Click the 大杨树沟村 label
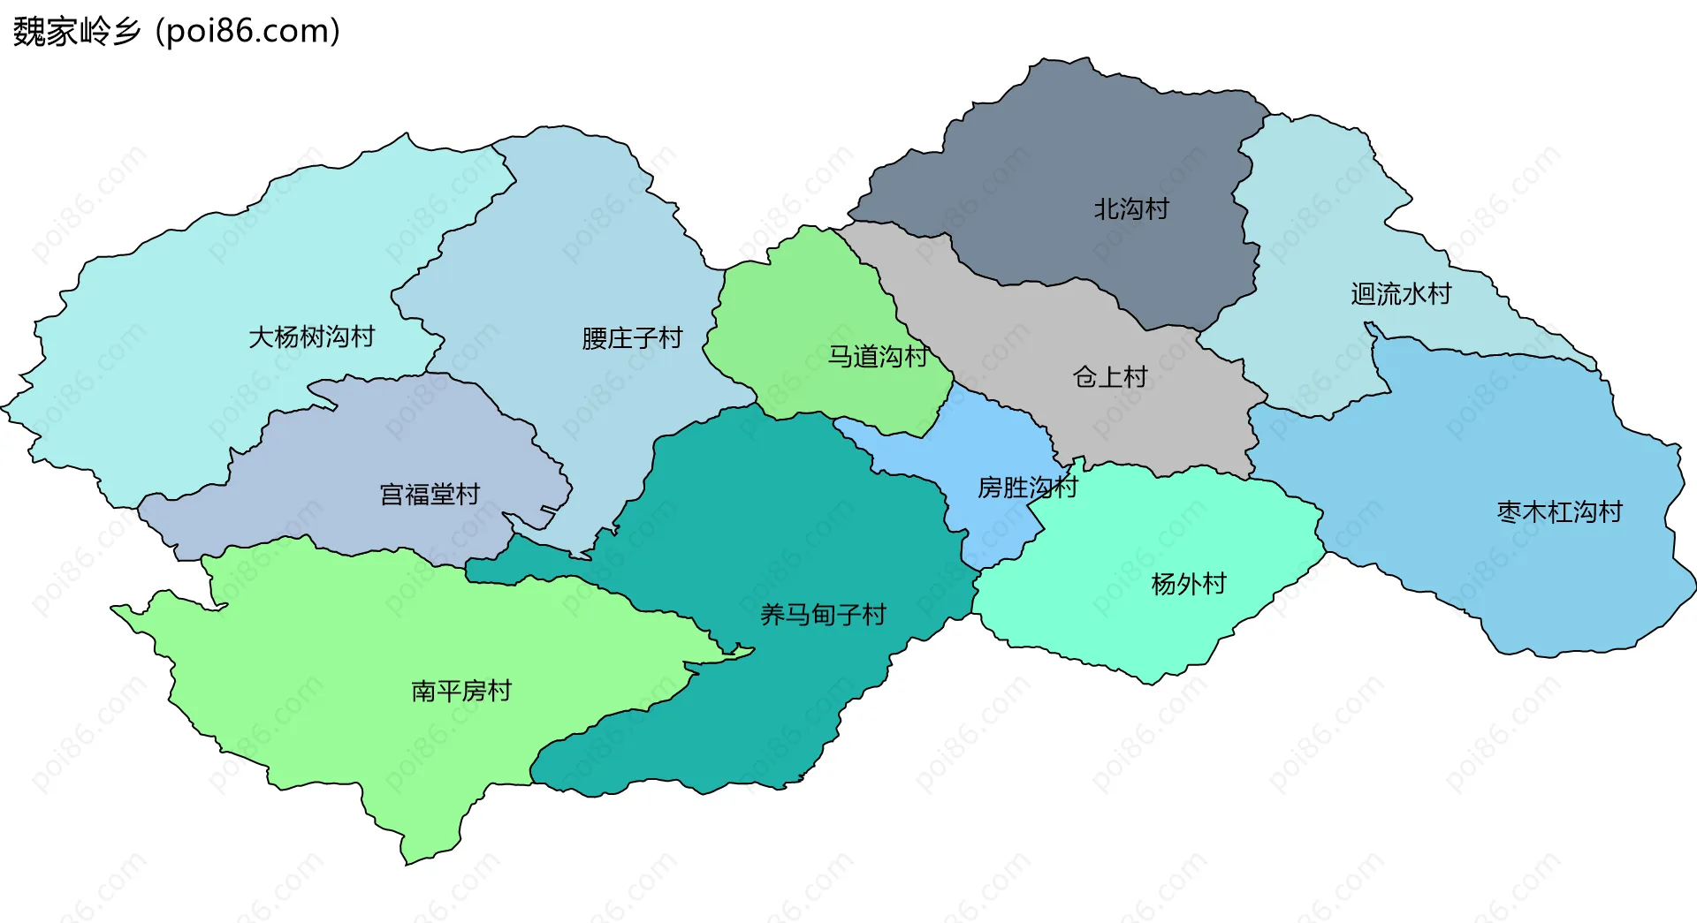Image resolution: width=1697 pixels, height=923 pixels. coord(311,337)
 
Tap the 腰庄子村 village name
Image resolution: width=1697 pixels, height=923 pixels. coord(632,338)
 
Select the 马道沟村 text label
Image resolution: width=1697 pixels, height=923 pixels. coord(877,357)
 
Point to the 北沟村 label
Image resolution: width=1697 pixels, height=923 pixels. coord(1131,209)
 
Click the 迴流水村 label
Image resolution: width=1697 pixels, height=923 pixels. coord(1401,294)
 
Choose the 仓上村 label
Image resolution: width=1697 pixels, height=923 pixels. coord(1110,378)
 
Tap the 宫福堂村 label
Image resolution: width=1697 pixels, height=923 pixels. coord(430,495)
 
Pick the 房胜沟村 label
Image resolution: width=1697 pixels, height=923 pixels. coord(1027,488)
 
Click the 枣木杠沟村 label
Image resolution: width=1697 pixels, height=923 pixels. coord(1559,512)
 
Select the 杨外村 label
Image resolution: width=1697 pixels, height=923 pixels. coord(1189,585)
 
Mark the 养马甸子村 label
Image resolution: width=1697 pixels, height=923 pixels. coord(823,615)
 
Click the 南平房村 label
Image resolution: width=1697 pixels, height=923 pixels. coord(461,691)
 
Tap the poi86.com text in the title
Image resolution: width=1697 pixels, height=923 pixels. coord(247,32)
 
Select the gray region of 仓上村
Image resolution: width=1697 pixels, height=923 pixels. coord(1149,424)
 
